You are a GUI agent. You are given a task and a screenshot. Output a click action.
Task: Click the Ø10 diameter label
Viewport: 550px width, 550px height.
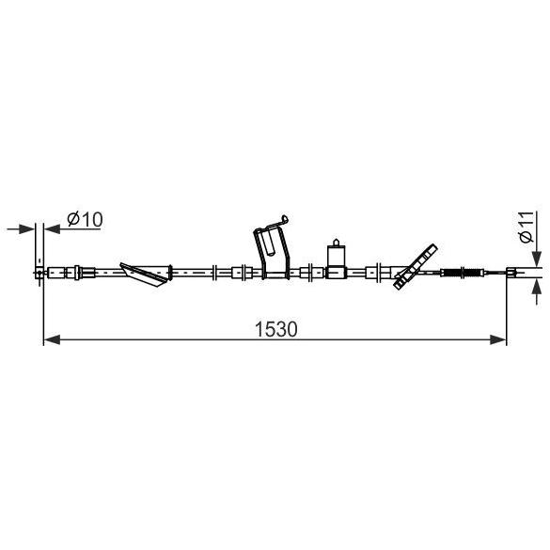(x=85, y=219)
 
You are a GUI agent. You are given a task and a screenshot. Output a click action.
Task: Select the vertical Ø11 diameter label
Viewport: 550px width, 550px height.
(x=527, y=227)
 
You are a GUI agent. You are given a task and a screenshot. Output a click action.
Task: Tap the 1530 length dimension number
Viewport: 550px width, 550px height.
(x=276, y=329)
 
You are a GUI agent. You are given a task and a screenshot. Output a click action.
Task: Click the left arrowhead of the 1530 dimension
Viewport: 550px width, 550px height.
(x=52, y=339)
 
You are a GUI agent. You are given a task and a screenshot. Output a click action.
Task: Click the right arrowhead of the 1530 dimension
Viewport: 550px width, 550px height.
(x=498, y=339)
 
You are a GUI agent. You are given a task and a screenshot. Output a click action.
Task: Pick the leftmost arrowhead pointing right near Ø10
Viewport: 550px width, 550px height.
(x=26, y=229)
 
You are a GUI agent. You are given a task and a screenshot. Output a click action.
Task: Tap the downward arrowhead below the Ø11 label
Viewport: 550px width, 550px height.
(x=537, y=259)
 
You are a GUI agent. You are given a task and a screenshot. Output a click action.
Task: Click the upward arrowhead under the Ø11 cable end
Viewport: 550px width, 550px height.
(x=537, y=288)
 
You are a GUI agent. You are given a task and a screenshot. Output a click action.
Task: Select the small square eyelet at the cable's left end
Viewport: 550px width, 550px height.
(x=39, y=273)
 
